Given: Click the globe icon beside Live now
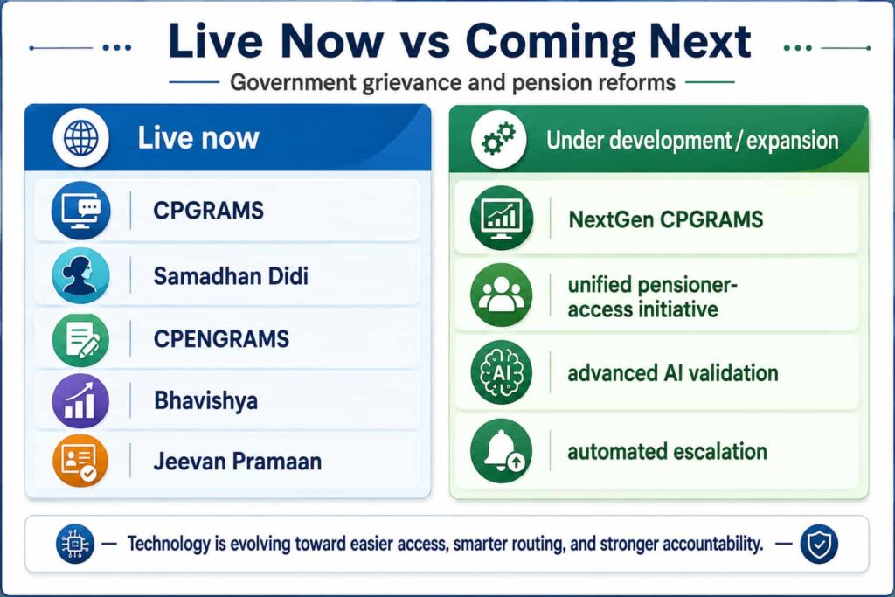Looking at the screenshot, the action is (x=80, y=138).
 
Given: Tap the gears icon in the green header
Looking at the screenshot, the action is (x=499, y=139).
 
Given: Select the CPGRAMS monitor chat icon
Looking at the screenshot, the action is (x=80, y=210).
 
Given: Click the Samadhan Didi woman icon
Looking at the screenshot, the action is (x=80, y=275).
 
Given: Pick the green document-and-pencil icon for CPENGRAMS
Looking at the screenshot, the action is (x=80, y=340).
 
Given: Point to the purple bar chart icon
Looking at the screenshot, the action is (x=80, y=400).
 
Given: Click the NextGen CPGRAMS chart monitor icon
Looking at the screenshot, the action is (x=501, y=218).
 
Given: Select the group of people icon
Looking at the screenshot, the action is (x=501, y=295).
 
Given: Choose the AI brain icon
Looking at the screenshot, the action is (x=501, y=372).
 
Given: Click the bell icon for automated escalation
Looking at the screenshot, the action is (x=501, y=451).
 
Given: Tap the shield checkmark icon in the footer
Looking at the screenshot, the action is (x=819, y=545).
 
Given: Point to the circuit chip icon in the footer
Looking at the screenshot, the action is (x=75, y=544).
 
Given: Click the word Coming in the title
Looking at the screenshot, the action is (x=551, y=42).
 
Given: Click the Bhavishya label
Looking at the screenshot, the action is (x=206, y=401).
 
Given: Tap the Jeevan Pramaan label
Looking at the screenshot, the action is (x=238, y=462).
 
